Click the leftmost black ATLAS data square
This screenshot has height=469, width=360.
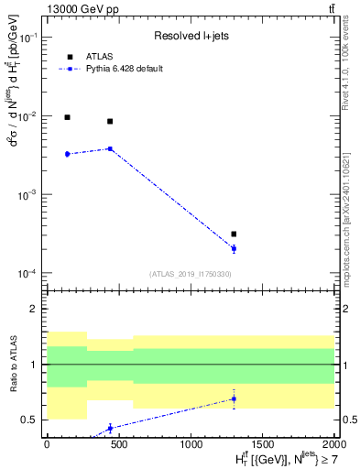[67, 117]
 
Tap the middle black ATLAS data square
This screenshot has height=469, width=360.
[110, 121]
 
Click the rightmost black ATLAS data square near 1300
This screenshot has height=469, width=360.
[234, 234]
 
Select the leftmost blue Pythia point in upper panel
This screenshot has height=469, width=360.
[67, 154]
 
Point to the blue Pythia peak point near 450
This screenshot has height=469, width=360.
[110, 148]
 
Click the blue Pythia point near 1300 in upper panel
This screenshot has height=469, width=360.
[234, 248]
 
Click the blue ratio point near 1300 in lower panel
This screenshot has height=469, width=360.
[234, 398]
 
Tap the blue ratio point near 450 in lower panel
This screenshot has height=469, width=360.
[110, 428]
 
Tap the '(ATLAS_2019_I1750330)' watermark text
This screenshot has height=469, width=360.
[189, 274]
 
